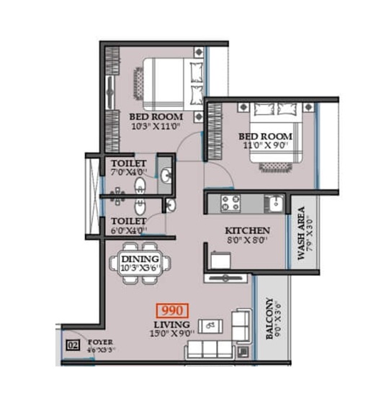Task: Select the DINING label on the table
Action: click(x=140, y=258)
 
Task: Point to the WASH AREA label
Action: click(x=302, y=238)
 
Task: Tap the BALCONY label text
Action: click(x=269, y=325)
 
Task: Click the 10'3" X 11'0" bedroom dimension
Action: click(x=155, y=126)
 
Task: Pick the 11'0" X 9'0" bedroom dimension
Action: click(x=266, y=146)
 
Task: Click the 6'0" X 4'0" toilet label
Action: click(x=128, y=230)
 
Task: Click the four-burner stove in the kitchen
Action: click(x=231, y=204)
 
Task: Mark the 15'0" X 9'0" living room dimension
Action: click(x=172, y=333)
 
